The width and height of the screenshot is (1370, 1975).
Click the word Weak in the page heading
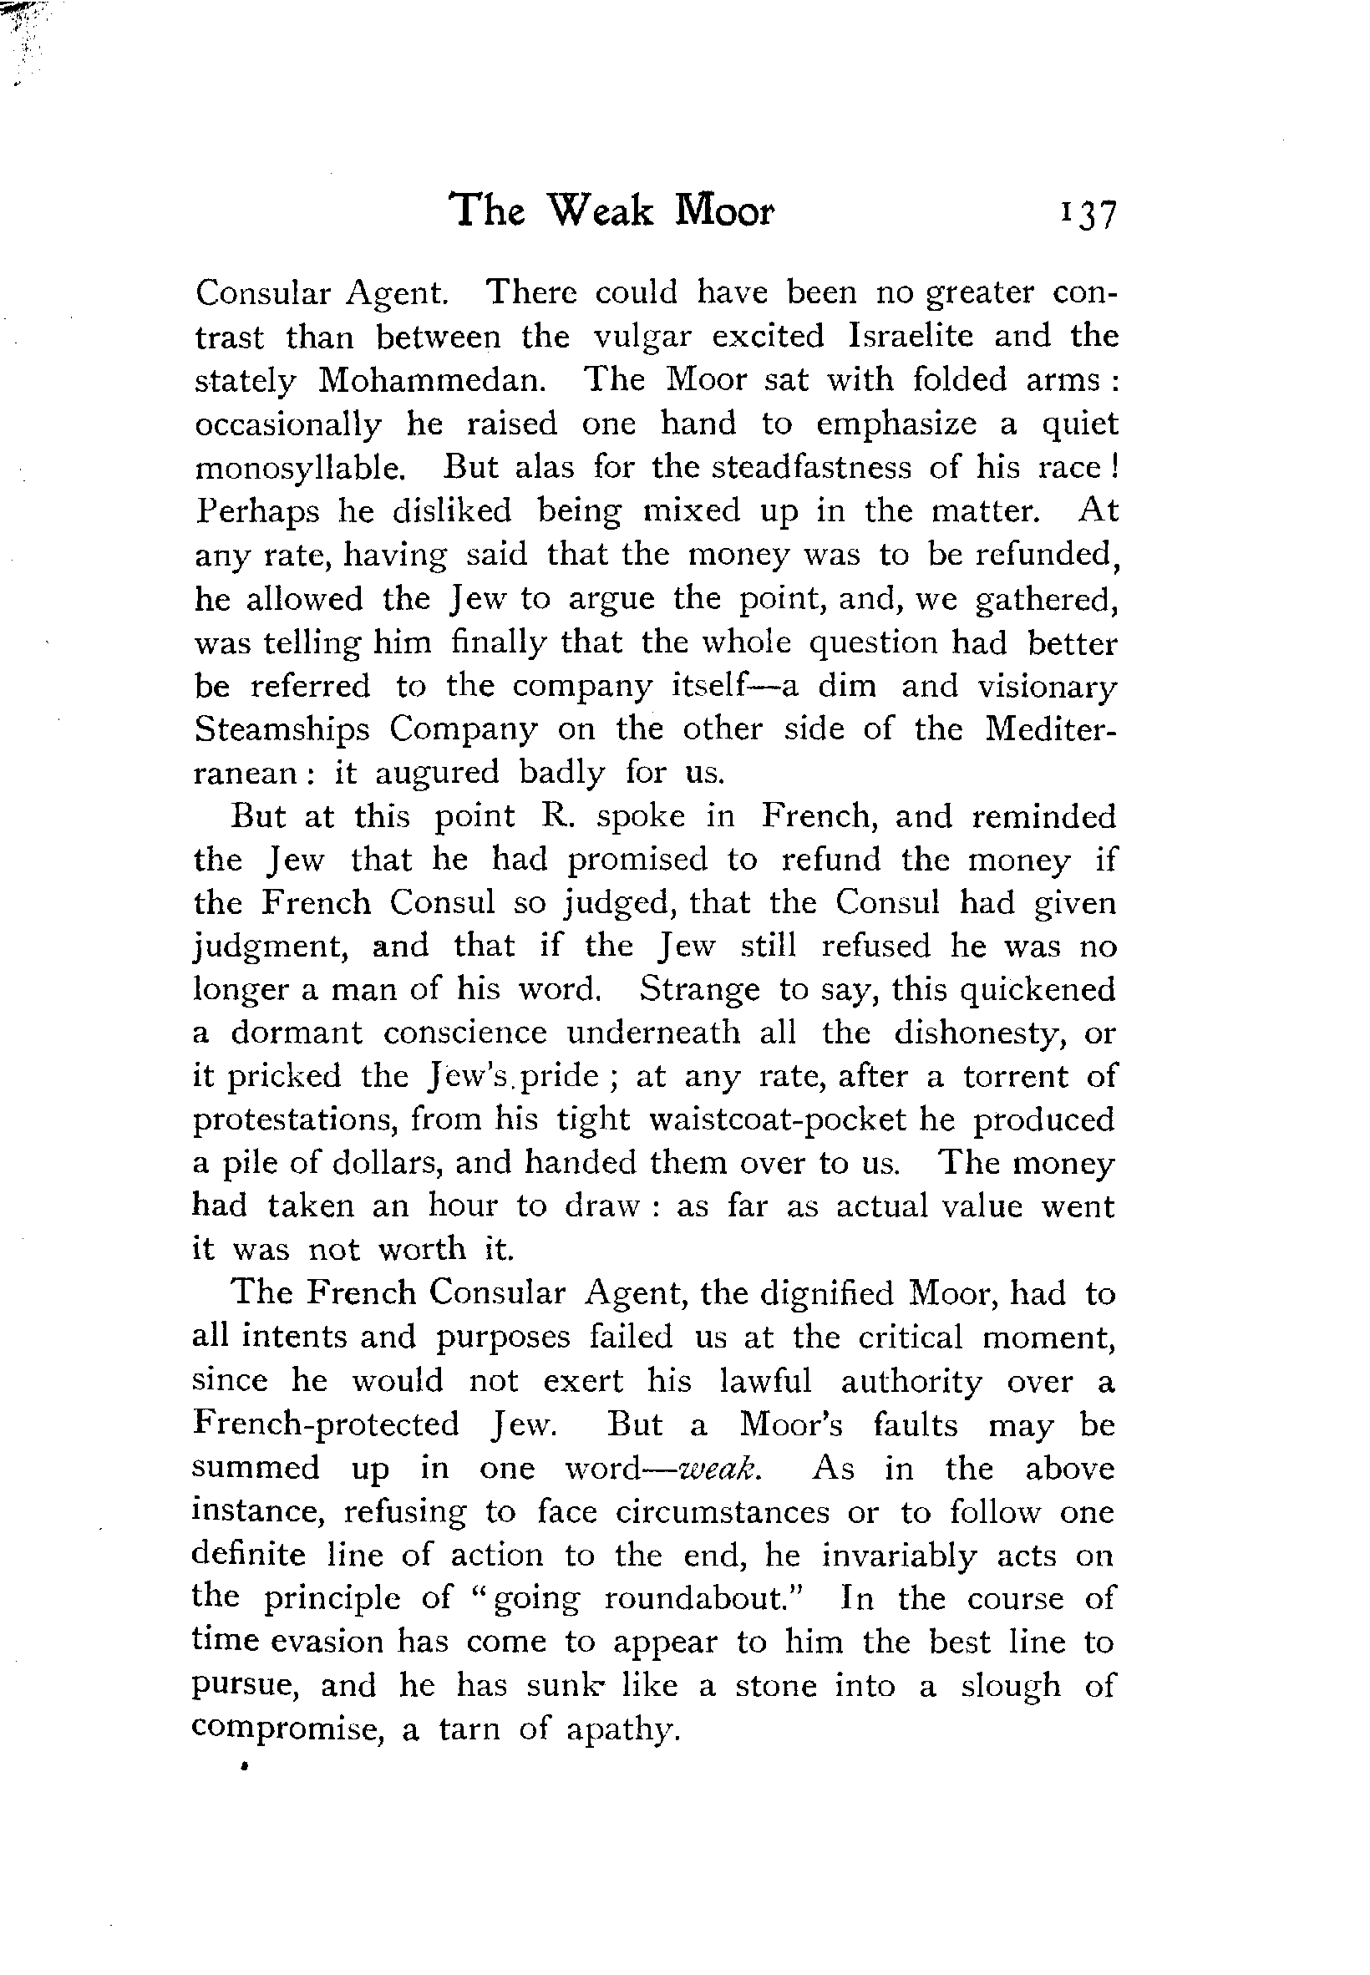pyautogui.click(x=600, y=211)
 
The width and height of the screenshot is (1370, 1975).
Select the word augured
pyautogui.click(x=437, y=774)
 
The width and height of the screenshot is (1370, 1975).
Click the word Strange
pyautogui.click(x=699, y=990)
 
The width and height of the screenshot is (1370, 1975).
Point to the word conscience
pyautogui.click(x=464, y=1033)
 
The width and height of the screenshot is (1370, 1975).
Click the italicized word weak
pyautogui.click(x=718, y=1470)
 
